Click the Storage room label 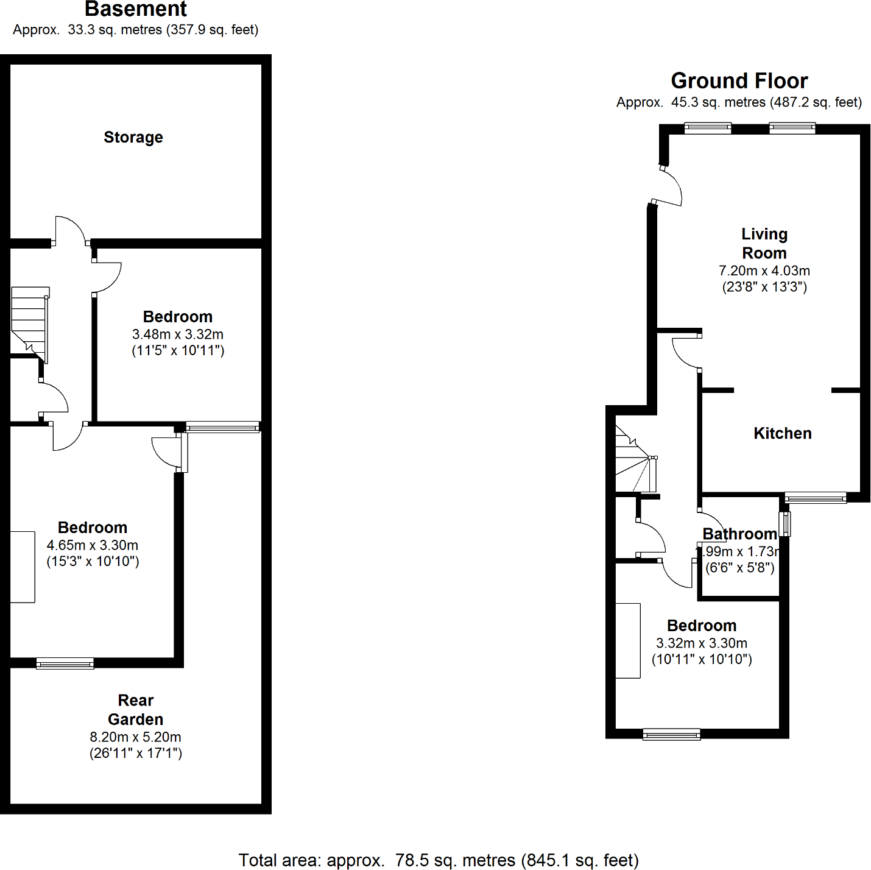point(133,138)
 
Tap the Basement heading point(136,9)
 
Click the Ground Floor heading point(739,81)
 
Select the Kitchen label point(783,433)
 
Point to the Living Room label point(764,243)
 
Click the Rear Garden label point(136,710)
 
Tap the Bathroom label point(739,534)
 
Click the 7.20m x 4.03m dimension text point(764,271)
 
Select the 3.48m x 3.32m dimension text point(178,334)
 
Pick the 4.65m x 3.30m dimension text point(93,545)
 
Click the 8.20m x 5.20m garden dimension point(136,737)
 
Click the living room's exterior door point(667,186)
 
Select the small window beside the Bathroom point(785,524)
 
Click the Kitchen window point(816,498)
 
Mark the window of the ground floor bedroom point(671,734)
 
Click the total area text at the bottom point(439,860)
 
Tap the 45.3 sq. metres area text point(718,102)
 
